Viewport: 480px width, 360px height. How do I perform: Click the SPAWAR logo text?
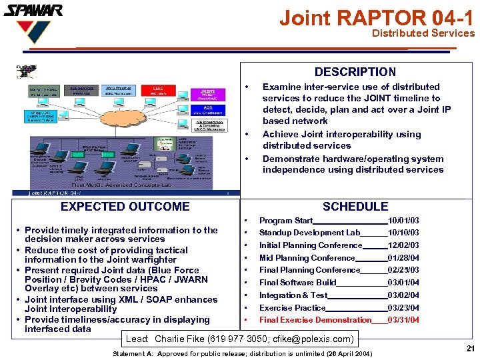tap(33, 10)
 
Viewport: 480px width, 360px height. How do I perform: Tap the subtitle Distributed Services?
tap(423, 33)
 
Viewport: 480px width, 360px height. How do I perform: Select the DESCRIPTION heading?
tap(355, 72)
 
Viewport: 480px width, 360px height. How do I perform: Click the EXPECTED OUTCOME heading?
tap(125, 207)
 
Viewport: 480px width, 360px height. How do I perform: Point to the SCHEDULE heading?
tap(355, 207)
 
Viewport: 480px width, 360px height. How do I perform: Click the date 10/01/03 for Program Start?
tap(403, 221)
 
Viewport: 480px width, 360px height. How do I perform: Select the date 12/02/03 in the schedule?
tap(403, 245)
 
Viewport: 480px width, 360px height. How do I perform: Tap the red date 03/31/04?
tap(403, 320)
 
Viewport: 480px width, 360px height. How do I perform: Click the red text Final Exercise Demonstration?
tap(315, 320)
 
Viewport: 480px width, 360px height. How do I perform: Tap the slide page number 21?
tap(470, 349)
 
